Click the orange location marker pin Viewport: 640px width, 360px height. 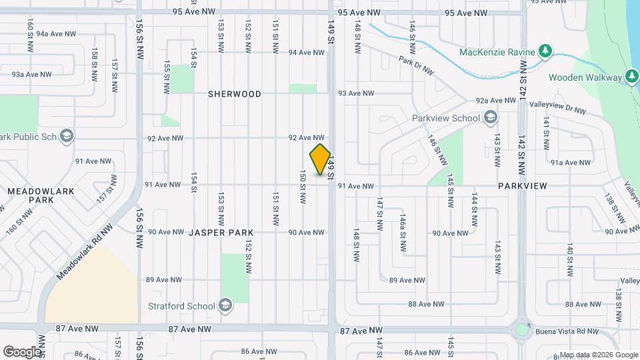321,159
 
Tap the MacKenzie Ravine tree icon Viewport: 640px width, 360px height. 545,51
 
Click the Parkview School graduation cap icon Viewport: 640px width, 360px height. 491,119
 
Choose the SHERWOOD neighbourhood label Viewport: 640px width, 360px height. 235,94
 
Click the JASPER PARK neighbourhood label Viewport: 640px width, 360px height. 221,233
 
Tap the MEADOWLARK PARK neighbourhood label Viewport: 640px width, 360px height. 31,195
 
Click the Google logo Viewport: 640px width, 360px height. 21,351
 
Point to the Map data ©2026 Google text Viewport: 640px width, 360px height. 599,355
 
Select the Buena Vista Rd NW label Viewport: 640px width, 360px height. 563,330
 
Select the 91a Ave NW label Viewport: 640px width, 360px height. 571,162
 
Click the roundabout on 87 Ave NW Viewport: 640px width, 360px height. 522,329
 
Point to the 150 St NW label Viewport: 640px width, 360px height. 303,186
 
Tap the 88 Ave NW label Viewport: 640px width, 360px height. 426,304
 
